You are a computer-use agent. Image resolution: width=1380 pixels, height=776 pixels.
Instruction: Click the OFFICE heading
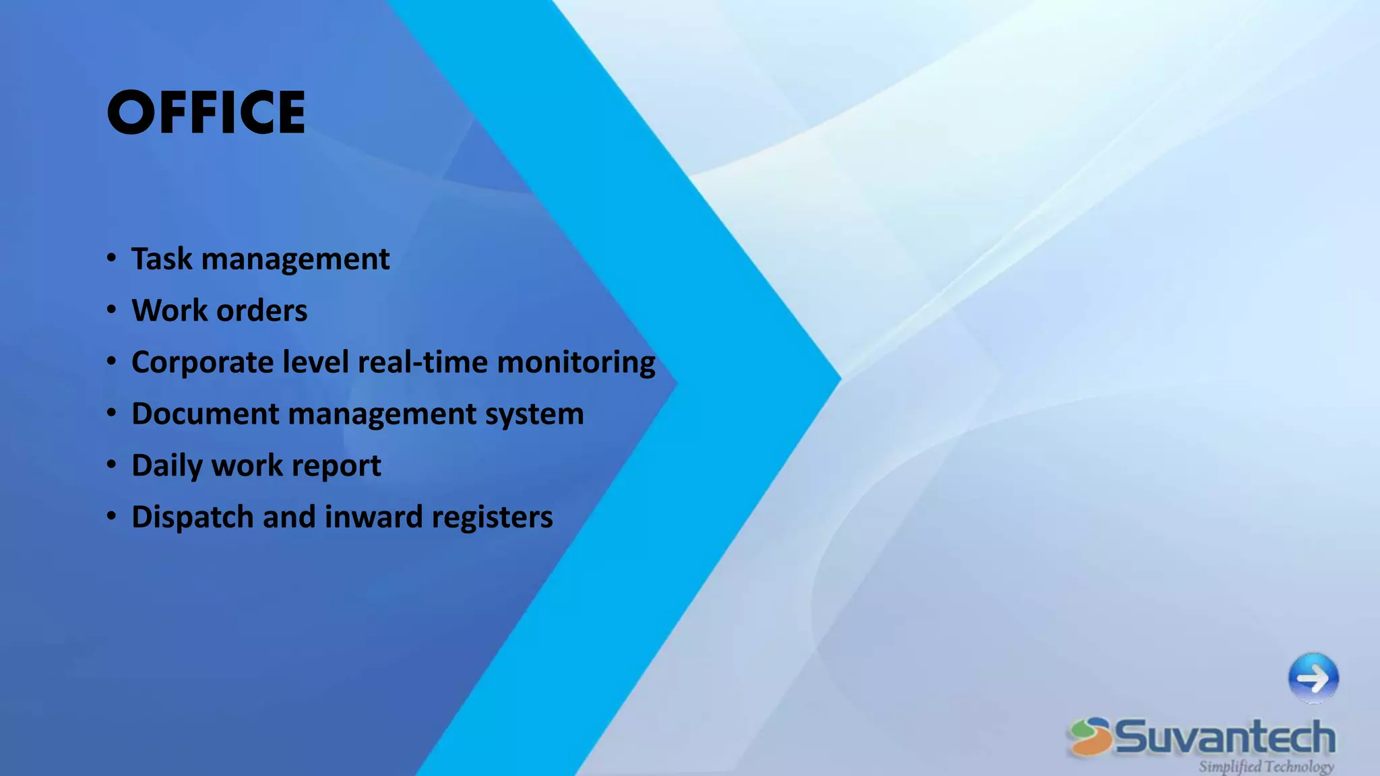(206, 112)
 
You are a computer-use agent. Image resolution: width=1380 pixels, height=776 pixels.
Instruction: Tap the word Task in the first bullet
(162, 259)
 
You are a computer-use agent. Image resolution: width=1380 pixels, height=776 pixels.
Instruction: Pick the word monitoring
(576, 363)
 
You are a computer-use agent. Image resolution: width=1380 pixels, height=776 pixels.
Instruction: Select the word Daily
(166, 466)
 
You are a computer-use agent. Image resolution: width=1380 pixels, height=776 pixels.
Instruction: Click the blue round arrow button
(1313, 678)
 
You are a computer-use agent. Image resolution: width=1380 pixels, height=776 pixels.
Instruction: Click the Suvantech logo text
(1224, 737)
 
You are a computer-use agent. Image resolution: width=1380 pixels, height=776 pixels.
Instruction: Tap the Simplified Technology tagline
(1265, 767)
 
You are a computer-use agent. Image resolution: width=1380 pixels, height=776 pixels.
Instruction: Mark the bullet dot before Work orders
(112, 310)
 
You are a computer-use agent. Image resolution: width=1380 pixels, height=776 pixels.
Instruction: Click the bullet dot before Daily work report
(112, 465)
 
